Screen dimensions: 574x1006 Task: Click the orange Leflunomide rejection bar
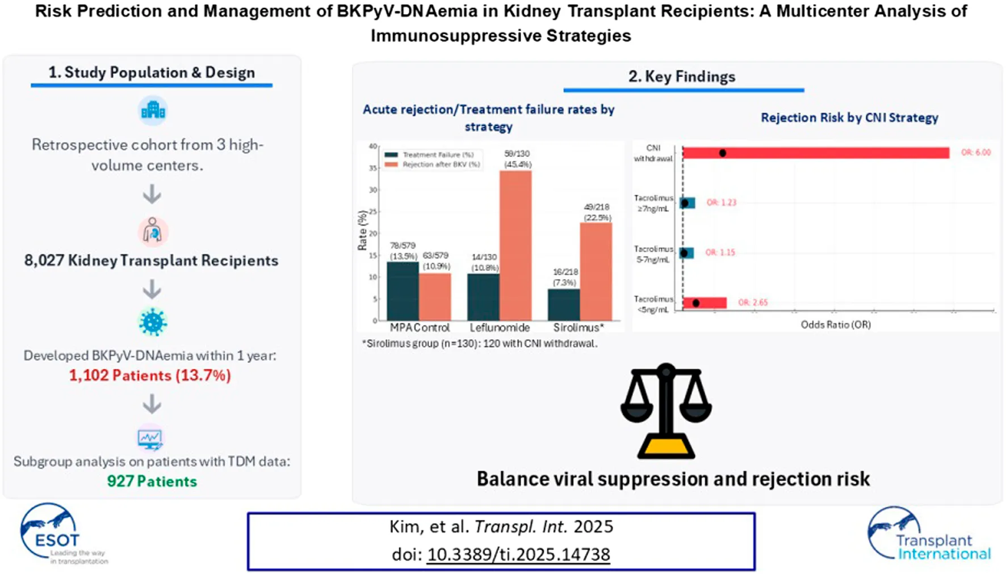click(x=515, y=245)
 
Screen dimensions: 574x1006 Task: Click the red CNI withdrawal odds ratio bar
click(x=815, y=153)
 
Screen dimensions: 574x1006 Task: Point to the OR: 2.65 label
click(x=753, y=302)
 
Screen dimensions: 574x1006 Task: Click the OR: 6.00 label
click(x=975, y=153)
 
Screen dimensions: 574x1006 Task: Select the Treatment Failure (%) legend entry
click(x=431, y=155)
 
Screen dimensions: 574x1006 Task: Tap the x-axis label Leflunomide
click(x=500, y=328)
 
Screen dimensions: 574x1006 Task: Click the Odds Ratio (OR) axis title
click(x=835, y=324)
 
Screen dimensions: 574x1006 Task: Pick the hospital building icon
click(x=153, y=110)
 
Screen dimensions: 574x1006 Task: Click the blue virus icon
click(x=153, y=322)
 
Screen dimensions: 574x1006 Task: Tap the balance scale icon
click(x=666, y=411)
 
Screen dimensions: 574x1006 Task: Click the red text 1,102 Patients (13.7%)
click(x=150, y=375)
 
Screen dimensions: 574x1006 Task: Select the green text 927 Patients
click(x=152, y=481)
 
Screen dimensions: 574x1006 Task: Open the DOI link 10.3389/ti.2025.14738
click(x=518, y=554)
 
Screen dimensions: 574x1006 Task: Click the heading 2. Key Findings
click(x=681, y=77)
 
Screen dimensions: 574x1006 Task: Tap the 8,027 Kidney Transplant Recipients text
click(x=151, y=260)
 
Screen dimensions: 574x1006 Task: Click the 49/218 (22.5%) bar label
click(x=597, y=213)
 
